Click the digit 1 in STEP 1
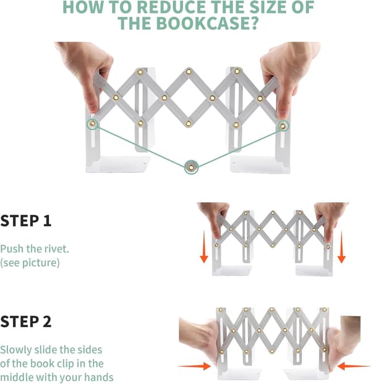click(47, 221)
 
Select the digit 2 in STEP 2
click(47, 322)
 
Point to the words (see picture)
click(30, 263)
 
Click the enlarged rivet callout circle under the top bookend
click(191, 168)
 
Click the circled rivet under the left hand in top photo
click(92, 124)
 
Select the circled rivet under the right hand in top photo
click(283, 126)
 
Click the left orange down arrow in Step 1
click(204, 246)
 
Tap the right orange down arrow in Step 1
click(341, 246)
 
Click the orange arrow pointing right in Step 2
click(194, 366)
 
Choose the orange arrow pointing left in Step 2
click(354, 366)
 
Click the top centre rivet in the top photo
click(189, 72)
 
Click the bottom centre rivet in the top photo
click(189, 124)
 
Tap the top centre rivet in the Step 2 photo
click(271, 310)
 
